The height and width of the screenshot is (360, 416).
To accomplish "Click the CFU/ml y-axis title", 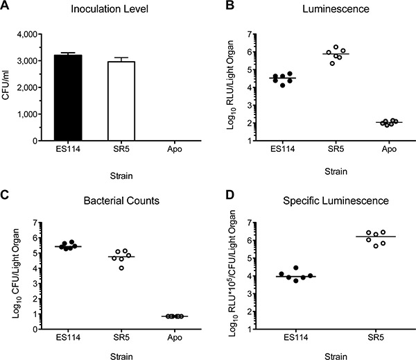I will point(10,87).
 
